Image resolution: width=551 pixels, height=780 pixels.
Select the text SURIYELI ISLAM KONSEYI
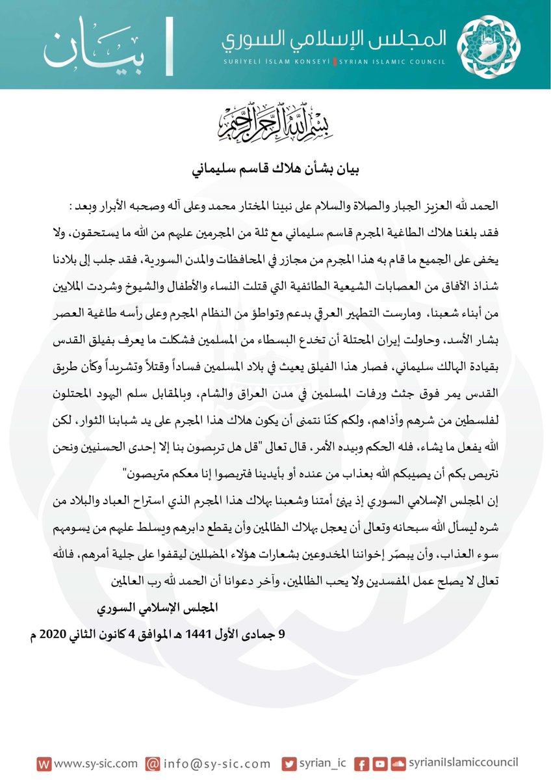pos(275,62)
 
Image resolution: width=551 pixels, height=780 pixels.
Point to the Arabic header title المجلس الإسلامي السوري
pos(333,40)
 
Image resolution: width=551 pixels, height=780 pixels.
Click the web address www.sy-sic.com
pos(92,763)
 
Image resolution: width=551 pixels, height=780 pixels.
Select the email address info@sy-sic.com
pos(216,763)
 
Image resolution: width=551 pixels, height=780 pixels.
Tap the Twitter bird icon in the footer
pos(290,763)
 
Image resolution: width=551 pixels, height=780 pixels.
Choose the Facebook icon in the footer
pos(363,763)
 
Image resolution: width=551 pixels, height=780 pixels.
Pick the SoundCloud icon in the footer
pos(398,763)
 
